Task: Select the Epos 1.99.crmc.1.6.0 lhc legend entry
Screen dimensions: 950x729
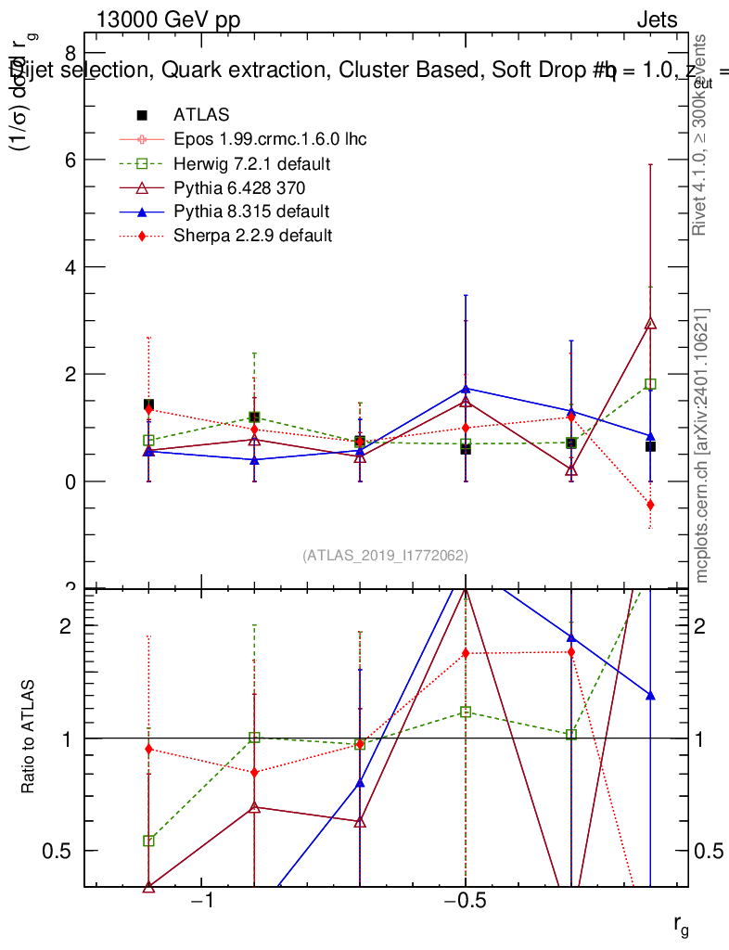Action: tap(270, 139)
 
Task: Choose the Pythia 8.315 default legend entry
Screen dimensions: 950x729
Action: tap(251, 212)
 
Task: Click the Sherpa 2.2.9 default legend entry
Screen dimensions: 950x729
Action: tap(252, 236)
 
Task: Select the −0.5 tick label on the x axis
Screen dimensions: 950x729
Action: tap(466, 901)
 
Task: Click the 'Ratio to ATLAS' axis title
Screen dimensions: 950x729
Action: tap(29, 738)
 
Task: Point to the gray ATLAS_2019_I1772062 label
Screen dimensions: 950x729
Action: tap(385, 556)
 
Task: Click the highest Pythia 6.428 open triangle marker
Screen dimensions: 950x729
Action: tap(650, 324)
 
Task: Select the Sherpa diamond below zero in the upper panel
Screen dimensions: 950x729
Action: tap(650, 505)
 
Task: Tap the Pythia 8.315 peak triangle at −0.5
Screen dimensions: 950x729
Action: tap(466, 389)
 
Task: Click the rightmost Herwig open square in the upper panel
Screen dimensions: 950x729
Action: tap(650, 384)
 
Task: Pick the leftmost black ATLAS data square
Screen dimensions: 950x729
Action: tap(148, 404)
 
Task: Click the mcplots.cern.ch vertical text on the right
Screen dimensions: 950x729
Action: tap(702, 445)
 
